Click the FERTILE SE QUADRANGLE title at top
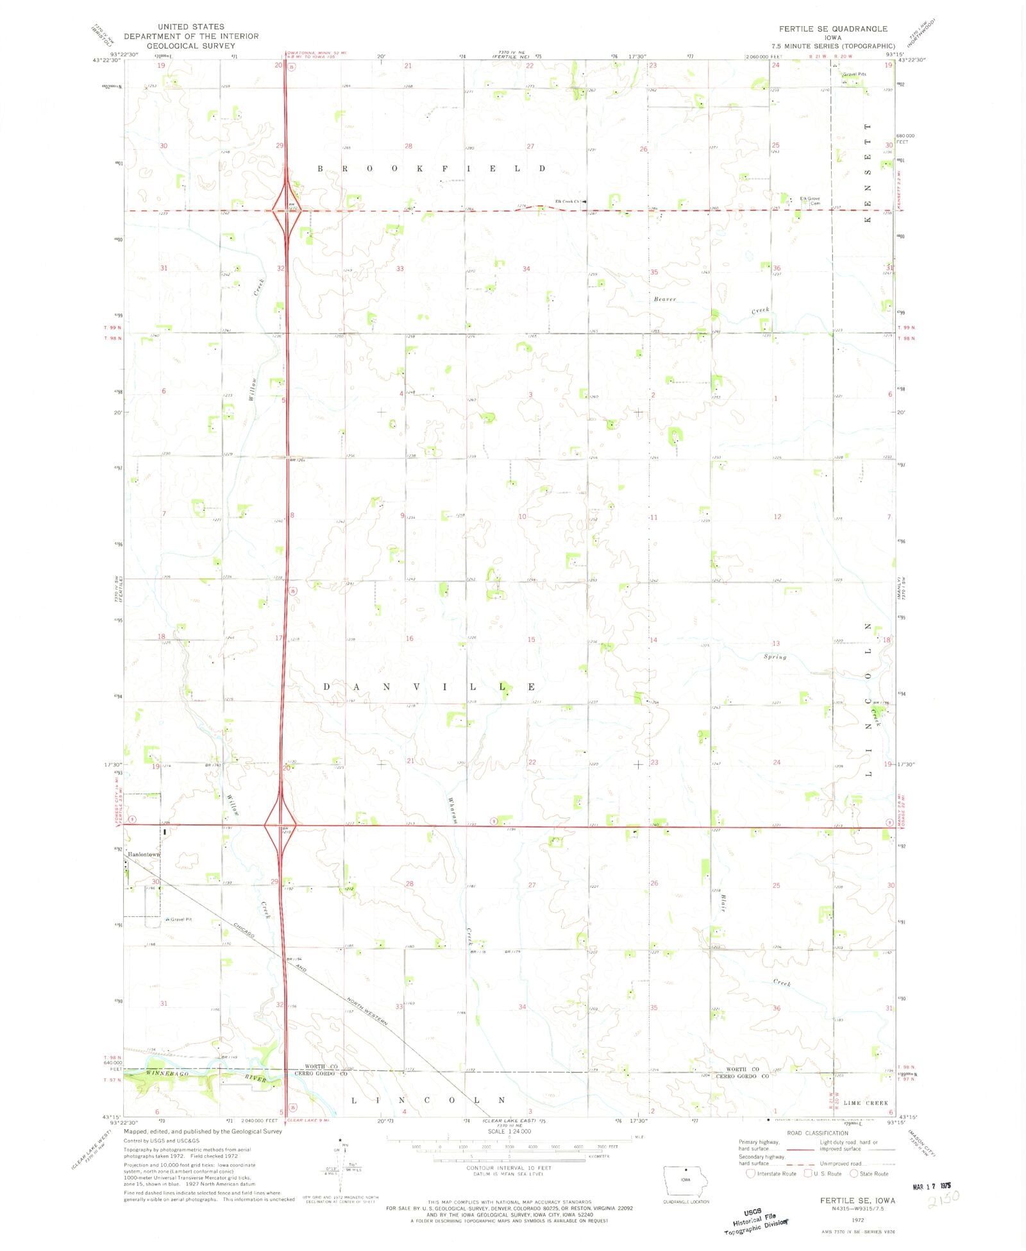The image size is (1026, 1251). [833, 29]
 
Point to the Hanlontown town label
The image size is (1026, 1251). [143, 855]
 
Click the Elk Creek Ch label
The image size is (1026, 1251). [568, 201]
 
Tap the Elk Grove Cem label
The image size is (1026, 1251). [810, 200]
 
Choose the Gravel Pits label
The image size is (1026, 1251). [854, 74]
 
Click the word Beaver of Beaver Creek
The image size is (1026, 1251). [665, 299]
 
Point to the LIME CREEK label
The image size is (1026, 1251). [866, 1103]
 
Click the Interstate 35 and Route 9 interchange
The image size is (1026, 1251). [280, 825]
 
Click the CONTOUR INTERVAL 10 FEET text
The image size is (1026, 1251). [509, 1168]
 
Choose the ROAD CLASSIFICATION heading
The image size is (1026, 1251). [818, 1133]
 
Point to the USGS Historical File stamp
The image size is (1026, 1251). [755, 1220]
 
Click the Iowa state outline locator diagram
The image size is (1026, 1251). [685, 1181]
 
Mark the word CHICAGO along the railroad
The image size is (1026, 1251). [244, 930]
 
